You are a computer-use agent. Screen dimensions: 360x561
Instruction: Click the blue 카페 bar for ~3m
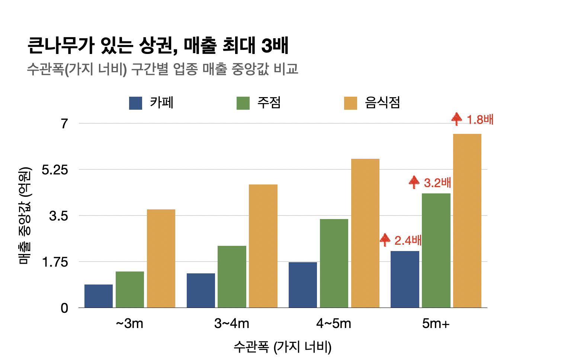coord(99,296)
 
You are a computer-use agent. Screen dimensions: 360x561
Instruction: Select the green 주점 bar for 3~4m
coord(232,277)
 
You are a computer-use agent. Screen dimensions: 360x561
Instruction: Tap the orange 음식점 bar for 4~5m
coord(365,233)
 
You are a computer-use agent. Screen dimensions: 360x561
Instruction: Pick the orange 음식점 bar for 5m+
coord(467,221)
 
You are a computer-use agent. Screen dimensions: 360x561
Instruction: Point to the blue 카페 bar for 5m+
coord(405,279)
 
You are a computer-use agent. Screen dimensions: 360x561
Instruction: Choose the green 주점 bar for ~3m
coord(130,289)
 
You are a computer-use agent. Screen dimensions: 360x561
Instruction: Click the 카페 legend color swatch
coord(135,103)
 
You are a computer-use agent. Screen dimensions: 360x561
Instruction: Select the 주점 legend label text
coord(269,103)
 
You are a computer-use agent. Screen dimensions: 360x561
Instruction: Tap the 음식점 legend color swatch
coord(350,103)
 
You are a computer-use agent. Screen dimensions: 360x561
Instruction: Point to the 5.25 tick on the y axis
coord(55,170)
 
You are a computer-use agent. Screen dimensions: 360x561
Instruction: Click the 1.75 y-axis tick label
coord(55,262)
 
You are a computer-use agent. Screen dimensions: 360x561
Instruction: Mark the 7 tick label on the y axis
coord(65,123)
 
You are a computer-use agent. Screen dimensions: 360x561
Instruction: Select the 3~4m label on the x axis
coord(231,324)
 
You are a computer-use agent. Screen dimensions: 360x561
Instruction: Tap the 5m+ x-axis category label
coord(436,324)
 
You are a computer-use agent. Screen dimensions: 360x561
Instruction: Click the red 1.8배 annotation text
coord(480,120)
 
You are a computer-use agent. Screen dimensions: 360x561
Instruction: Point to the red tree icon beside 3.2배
coord(414,182)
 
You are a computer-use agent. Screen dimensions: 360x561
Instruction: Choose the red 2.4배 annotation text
coord(408,241)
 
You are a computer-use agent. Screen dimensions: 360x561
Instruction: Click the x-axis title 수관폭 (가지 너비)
coord(282,347)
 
